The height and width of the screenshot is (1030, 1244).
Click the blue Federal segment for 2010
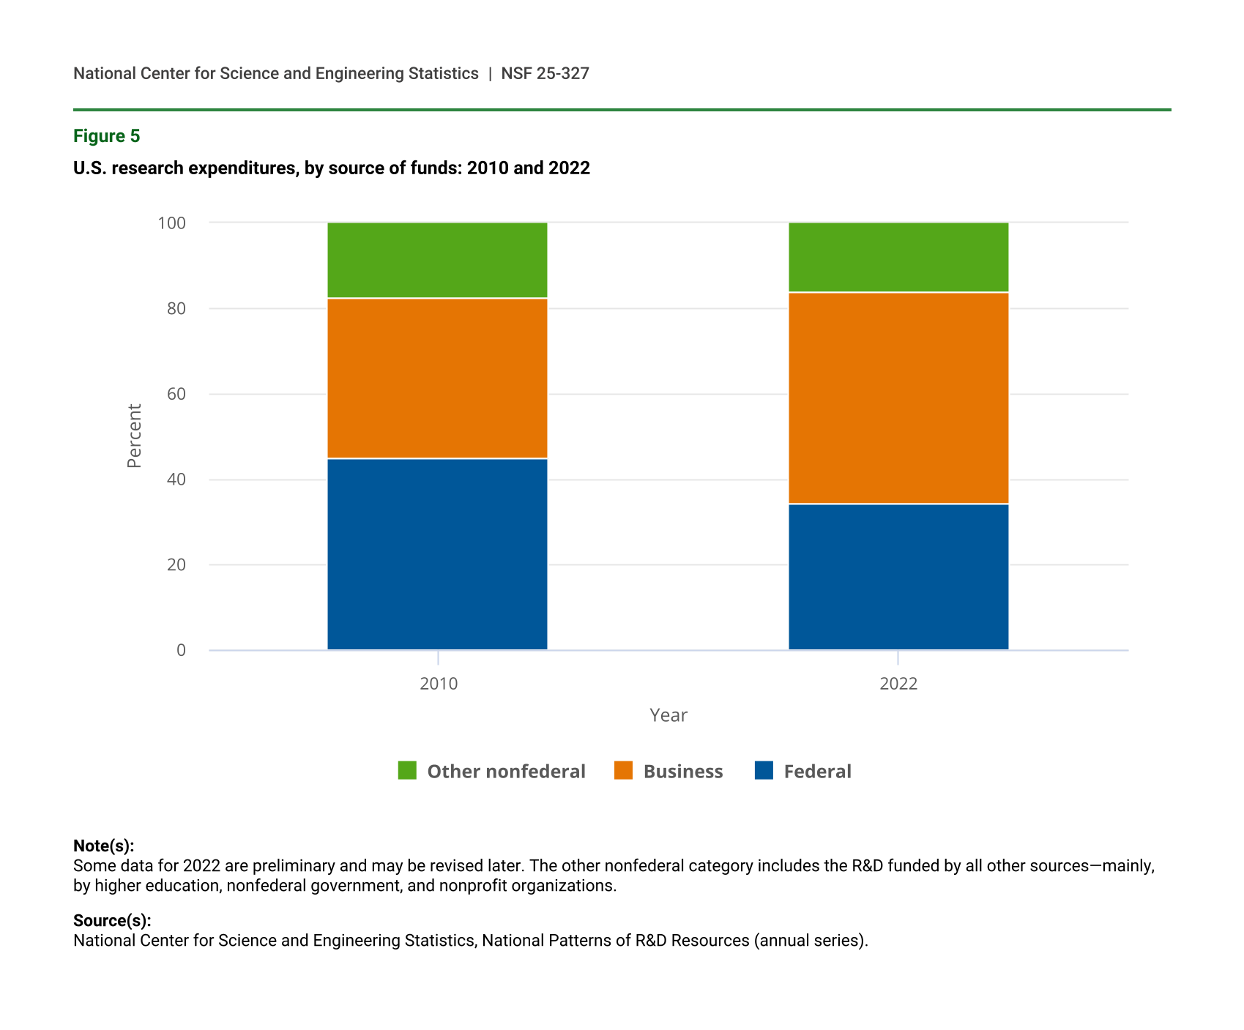(437, 554)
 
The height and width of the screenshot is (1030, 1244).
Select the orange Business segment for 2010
(437, 378)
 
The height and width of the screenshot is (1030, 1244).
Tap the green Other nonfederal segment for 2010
(437, 261)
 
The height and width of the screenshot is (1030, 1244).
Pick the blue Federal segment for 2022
(898, 577)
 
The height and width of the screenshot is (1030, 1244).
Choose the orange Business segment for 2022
(898, 398)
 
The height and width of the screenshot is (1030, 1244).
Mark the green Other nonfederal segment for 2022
(898, 258)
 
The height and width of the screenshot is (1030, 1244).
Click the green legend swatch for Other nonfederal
(407, 771)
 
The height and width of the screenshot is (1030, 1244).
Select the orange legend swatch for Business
(623, 771)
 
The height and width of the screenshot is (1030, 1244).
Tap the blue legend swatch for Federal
(764, 771)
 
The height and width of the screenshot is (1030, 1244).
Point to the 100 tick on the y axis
(172, 223)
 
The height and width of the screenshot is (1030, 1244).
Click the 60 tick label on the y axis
(176, 394)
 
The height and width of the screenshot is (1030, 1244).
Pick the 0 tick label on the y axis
(181, 650)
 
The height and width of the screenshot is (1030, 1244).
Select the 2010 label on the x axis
(439, 684)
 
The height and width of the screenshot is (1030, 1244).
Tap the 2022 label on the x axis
(898, 684)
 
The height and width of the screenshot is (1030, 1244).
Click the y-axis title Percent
(134, 436)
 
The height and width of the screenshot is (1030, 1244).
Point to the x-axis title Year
(668, 715)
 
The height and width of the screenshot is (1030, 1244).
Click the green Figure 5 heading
(107, 136)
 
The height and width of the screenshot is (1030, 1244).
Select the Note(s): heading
(104, 846)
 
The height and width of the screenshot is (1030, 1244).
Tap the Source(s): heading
(112, 920)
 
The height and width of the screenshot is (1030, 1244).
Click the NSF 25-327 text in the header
(545, 73)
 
